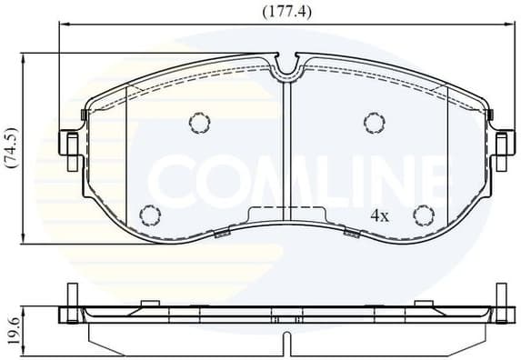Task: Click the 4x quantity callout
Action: [379, 215]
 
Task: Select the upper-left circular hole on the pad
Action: [198, 123]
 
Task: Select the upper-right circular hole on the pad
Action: [372, 123]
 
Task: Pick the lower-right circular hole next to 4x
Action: [423, 215]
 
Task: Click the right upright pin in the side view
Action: [499, 296]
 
